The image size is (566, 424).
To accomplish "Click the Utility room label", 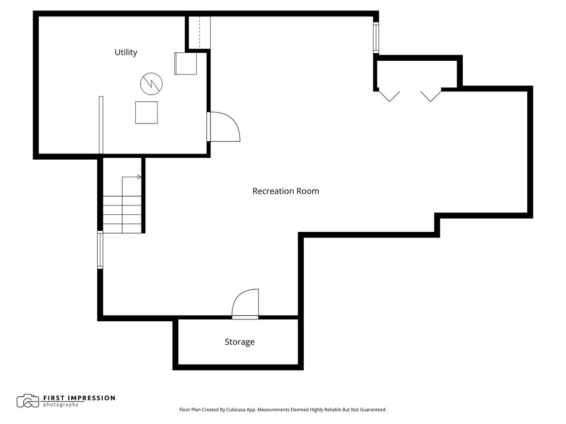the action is pyautogui.click(x=125, y=52).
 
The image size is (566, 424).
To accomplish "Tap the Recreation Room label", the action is pyautogui.click(x=285, y=191).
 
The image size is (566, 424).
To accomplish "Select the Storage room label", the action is pyautogui.click(x=240, y=342).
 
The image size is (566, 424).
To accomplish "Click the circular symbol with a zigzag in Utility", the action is pyautogui.click(x=151, y=84).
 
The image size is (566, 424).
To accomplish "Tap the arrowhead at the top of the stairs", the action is pyautogui.click(x=139, y=177).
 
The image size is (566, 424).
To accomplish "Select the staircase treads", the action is pyautogui.click(x=122, y=214).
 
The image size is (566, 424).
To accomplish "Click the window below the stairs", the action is pyautogui.click(x=100, y=250).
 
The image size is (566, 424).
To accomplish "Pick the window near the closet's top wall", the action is pyautogui.click(x=376, y=38).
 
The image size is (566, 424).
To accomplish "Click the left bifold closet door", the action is pyautogui.click(x=390, y=96).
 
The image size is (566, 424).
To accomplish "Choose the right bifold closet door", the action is pyautogui.click(x=431, y=96).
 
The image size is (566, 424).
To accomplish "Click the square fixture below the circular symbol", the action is pyautogui.click(x=147, y=113).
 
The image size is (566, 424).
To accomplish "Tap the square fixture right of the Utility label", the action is pyautogui.click(x=186, y=64).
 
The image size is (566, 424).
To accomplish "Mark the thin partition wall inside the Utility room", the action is pyautogui.click(x=101, y=125).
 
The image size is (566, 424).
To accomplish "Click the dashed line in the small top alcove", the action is pyautogui.click(x=200, y=32).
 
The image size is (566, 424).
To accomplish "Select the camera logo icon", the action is pyautogui.click(x=28, y=401).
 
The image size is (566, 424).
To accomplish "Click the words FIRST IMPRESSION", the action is pyautogui.click(x=79, y=398).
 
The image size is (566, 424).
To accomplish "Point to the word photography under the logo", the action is pyautogui.click(x=61, y=405).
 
